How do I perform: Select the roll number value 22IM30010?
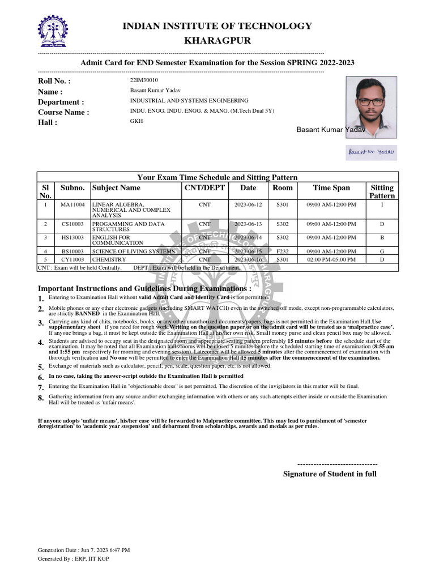pos(144,80)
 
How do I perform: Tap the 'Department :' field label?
pos(61,102)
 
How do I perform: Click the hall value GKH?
pos(137,121)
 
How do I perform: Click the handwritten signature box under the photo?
pos(371,152)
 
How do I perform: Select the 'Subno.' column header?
pos(72,188)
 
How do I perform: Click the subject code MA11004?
pos(72,204)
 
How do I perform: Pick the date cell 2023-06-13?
pos(248,224)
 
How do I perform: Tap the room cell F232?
pos(283,251)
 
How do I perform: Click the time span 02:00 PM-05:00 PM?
pos(331,259)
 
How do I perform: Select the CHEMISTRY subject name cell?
pos(109,259)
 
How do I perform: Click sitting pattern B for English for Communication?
pos(382,238)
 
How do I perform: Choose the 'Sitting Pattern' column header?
pos(382,191)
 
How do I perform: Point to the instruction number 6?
pos(41,377)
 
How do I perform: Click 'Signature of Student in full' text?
pos(330,474)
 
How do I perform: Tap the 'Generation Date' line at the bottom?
pos(84,550)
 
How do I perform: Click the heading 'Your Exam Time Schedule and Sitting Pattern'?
pos(217,177)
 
